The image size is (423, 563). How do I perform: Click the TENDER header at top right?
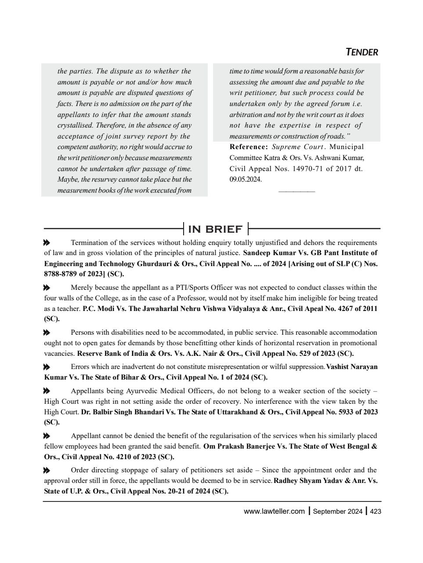[362, 52]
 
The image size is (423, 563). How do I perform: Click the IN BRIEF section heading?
[215, 229]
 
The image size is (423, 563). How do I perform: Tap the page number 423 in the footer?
[375, 511]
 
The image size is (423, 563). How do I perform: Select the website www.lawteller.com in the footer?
[274, 511]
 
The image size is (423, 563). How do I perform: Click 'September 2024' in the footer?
[337, 511]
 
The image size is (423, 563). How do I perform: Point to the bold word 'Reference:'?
[249, 147]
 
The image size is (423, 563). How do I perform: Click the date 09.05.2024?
[246, 179]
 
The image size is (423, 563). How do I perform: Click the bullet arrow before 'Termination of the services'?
[47, 243]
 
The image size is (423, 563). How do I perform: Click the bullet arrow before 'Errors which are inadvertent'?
[47, 367]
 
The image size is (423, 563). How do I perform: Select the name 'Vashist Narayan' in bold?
[351, 367]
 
